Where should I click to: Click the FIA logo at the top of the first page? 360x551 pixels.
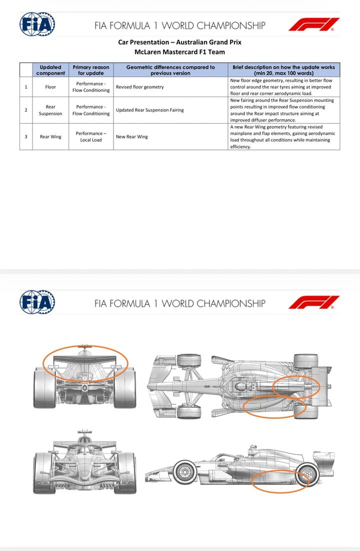(37, 24)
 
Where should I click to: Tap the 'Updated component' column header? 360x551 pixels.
(50, 70)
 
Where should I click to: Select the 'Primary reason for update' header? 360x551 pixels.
(91, 70)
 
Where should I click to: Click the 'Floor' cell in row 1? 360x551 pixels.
(50, 87)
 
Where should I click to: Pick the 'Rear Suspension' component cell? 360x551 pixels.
(50, 110)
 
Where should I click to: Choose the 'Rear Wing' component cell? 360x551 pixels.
(50, 136)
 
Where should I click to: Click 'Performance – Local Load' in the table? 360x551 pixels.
(91, 136)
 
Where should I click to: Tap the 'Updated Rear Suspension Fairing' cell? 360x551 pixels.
(149, 110)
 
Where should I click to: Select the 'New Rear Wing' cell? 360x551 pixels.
(132, 136)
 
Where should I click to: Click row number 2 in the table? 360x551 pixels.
(26, 110)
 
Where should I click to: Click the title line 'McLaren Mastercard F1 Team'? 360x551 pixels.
(179, 51)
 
